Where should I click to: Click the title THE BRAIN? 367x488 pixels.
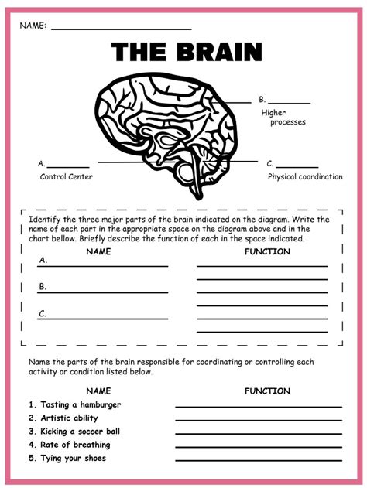coord(187,53)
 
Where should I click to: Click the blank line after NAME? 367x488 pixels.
coord(121,29)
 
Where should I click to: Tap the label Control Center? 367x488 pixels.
coord(67,176)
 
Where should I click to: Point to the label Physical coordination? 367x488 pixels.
coord(305,176)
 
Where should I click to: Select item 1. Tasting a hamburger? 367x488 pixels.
coord(74,404)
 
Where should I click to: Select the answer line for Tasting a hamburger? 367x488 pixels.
coord(258,407)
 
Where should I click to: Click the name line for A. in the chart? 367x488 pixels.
coord(102,265)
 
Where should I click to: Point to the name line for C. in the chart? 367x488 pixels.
coord(102,318)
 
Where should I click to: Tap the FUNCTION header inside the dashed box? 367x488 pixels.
coord(267,251)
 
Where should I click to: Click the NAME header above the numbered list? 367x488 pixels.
coord(98,391)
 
